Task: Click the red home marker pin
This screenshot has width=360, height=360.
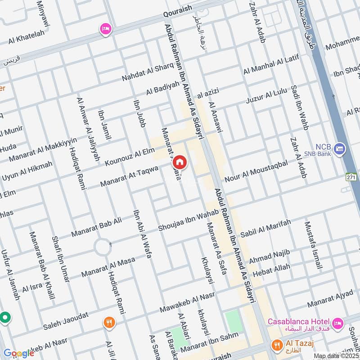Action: point(179,162)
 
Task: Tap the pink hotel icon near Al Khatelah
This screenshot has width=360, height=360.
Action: point(106,28)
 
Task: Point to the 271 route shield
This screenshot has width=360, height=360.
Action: point(352,176)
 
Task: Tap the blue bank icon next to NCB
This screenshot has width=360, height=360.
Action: point(341,148)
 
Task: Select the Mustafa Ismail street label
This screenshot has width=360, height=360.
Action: point(313,246)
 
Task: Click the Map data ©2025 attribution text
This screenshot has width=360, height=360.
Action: point(336,356)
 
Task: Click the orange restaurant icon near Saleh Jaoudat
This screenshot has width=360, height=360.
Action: point(108,322)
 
